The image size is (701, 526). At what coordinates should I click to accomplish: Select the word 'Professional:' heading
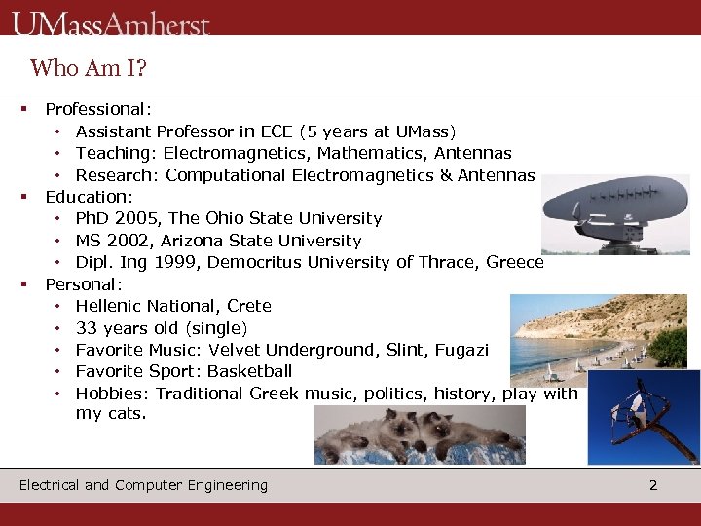(x=97, y=109)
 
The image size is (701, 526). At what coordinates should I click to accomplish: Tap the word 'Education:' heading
(x=89, y=197)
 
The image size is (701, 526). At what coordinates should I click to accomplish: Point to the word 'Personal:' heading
(x=84, y=284)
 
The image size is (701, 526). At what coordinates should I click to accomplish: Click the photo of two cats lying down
(x=419, y=434)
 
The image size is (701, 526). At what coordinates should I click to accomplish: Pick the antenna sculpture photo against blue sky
(x=644, y=416)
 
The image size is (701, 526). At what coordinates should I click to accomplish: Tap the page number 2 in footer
(x=653, y=485)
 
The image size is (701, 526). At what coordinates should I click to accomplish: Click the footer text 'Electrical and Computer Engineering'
(x=143, y=485)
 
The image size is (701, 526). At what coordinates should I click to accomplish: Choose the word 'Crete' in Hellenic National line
(x=249, y=306)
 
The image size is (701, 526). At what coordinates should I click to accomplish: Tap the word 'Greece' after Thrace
(x=515, y=262)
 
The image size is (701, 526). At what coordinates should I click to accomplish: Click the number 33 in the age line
(x=86, y=328)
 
